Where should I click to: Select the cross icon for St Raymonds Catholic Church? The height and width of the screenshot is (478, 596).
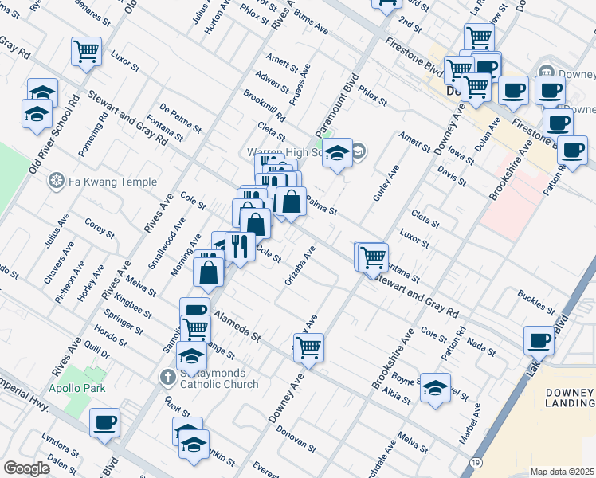pos(168,376)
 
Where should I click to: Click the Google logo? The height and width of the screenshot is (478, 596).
pos(26,468)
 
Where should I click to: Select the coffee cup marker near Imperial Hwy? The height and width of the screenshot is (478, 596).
pos(104,421)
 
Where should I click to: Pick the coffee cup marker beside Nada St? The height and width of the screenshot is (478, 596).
pos(539,340)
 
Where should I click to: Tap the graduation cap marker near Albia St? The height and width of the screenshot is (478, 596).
pos(435,389)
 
